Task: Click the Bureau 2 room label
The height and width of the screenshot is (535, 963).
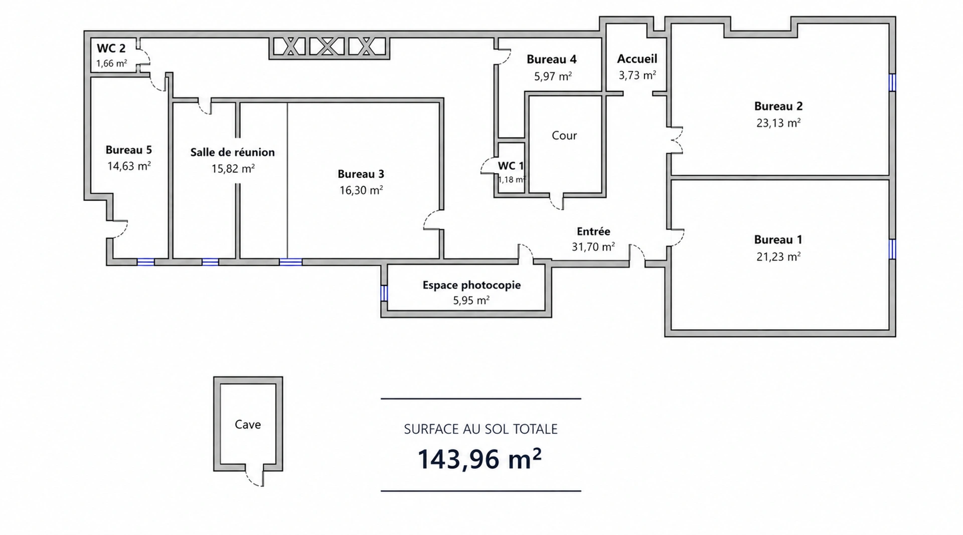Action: click(778, 106)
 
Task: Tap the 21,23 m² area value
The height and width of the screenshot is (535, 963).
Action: click(778, 256)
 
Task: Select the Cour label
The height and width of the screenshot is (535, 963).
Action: click(564, 136)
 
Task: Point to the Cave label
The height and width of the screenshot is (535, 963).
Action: click(248, 425)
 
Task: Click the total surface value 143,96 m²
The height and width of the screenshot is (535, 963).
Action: click(479, 459)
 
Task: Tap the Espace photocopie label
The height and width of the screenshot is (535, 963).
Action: click(471, 285)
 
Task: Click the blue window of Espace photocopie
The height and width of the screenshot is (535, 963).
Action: click(384, 293)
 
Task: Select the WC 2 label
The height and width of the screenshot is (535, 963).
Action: click(111, 48)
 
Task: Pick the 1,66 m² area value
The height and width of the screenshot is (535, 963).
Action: click(111, 64)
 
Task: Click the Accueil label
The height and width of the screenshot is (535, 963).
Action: click(637, 59)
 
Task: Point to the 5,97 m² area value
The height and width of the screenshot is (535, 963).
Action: click(553, 76)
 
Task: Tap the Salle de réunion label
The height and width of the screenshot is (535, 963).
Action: click(232, 152)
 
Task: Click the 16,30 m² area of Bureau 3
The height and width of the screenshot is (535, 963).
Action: click(361, 190)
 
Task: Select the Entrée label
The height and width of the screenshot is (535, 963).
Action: click(593, 231)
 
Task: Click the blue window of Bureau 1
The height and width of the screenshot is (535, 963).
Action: click(892, 249)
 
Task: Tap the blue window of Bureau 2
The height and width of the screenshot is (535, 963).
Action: click(892, 82)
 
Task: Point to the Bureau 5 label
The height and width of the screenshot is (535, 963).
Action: click(128, 150)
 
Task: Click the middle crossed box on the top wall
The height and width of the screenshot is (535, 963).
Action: click(327, 47)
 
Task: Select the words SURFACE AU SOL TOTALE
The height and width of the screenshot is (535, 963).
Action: click(480, 429)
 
